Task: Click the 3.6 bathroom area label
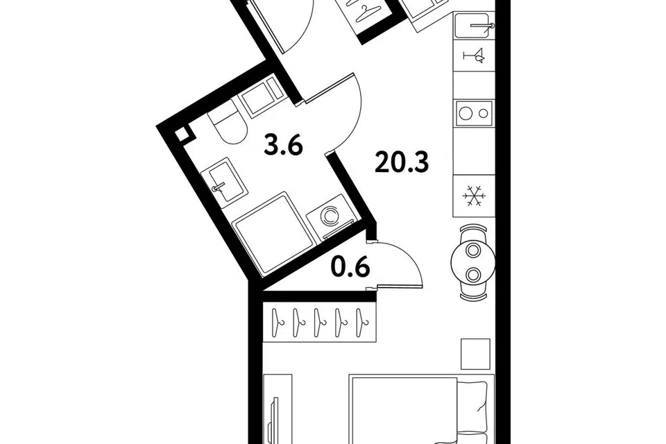pyautogui.click(x=283, y=144)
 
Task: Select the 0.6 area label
pyautogui.click(x=351, y=267)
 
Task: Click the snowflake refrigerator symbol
pyautogui.click(x=473, y=196)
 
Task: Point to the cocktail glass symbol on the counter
pyautogui.click(x=474, y=55)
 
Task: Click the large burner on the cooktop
pyautogui.click(x=467, y=113)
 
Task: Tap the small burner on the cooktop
pyautogui.click(x=484, y=113)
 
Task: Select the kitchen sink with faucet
pyautogui.click(x=472, y=25)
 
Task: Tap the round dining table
pyautogui.click(x=472, y=262)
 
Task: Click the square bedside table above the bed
pyautogui.click(x=475, y=354)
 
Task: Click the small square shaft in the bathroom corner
pyautogui.click(x=182, y=135)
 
